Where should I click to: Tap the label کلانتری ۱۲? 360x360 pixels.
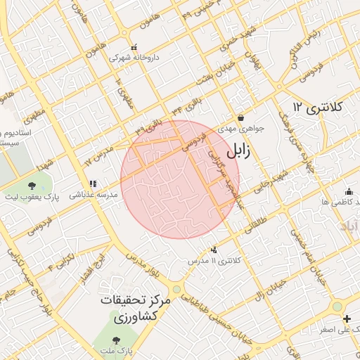tap(317, 107)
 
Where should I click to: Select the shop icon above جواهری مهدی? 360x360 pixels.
tap(240, 118)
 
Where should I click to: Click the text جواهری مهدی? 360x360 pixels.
tap(240, 129)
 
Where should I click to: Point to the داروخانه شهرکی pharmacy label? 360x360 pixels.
tap(134, 57)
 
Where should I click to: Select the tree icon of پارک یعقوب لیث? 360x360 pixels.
tap(32, 186)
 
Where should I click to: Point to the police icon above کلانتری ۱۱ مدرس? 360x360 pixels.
tap(214, 250)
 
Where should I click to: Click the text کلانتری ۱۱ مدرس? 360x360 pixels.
tap(214, 261)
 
